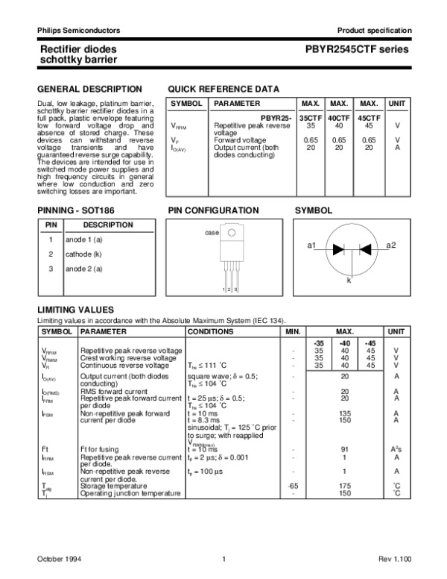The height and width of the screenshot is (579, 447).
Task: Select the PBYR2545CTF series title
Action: coord(357,49)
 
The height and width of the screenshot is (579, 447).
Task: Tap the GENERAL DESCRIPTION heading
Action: coord(89,89)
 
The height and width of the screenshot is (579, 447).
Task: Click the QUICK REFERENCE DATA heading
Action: coord(223,89)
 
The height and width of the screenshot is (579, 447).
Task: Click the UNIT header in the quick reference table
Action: coord(398,103)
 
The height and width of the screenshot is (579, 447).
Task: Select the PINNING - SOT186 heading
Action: coord(77,211)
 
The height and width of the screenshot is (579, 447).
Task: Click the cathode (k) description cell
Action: coord(83,254)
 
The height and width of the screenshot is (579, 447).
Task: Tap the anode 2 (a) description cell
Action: coord(84,269)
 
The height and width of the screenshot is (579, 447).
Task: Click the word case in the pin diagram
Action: coord(212,234)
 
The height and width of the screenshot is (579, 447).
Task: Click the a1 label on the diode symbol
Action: coord(312,245)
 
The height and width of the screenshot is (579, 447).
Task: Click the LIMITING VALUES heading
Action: coord(75,309)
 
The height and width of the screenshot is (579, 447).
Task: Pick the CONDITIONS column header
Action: coord(210,331)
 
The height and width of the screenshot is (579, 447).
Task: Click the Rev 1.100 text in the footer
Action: coord(393,559)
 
